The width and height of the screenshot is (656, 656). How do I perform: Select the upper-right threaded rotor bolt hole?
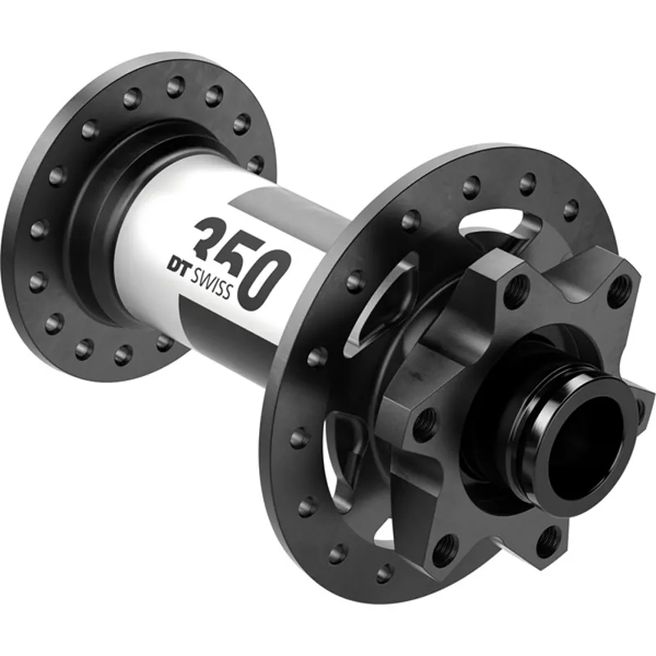[x=620, y=287]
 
